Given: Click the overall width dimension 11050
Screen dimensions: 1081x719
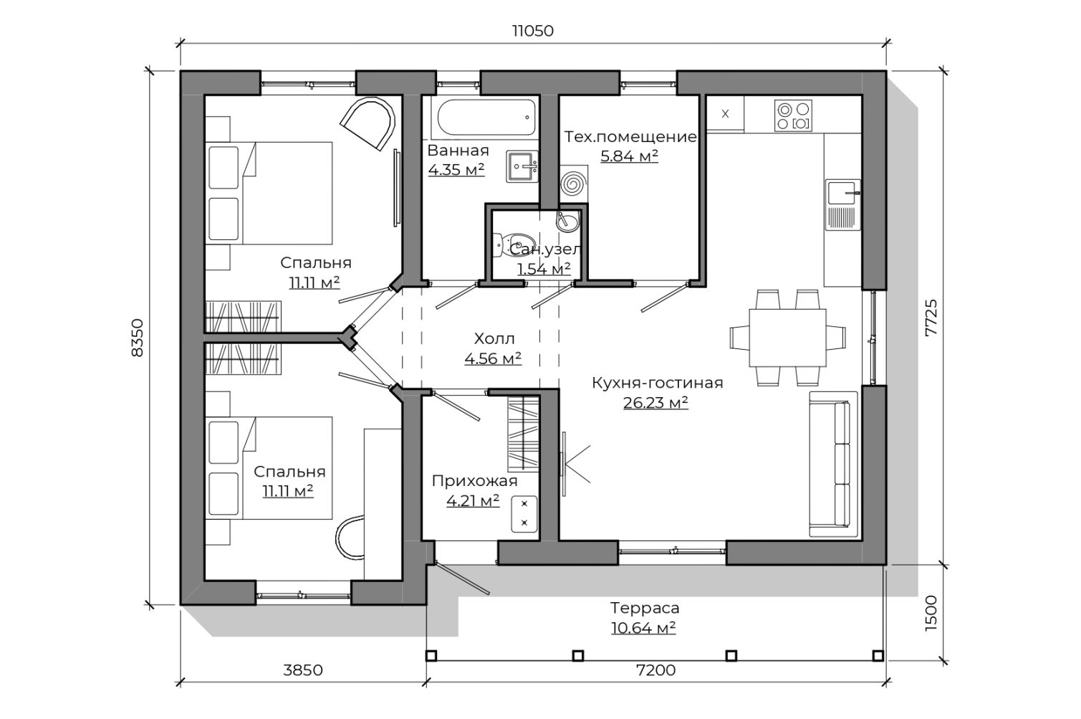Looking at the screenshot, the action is (x=533, y=31).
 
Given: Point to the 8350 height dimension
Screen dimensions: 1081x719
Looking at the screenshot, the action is (x=138, y=338).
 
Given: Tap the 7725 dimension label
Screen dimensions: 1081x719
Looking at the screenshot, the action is (x=931, y=318).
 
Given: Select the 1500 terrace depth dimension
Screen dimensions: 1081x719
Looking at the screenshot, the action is (x=931, y=613).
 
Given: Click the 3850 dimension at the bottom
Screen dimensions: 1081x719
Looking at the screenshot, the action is (x=302, y=670).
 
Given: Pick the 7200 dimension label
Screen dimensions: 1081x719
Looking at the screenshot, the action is (x=656, y=670).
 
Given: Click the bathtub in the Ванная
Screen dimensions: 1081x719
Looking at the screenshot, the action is (x=487, y=118).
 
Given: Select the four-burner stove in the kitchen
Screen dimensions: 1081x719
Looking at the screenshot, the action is (x=793, y=115).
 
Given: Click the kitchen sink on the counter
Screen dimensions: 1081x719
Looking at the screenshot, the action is (x=842, y=205).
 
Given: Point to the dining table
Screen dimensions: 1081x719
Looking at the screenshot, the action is (x=787, y=338).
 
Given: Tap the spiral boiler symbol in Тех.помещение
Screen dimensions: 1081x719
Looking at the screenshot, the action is (x=574, y=184).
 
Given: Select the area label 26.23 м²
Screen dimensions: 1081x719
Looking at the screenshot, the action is (x=655, y=403).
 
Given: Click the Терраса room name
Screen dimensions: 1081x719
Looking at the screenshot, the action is (x=644, y=608).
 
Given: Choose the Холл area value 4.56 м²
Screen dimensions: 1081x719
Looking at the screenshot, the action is (x=493, y=358).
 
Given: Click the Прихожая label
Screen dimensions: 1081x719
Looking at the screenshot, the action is (x=474, y=482).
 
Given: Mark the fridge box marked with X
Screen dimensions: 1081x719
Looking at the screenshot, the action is (x=725, y=114).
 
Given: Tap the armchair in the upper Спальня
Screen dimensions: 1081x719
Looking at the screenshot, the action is (x=369, y=123).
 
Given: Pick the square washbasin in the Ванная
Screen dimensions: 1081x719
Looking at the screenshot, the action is (x=522, y=166).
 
